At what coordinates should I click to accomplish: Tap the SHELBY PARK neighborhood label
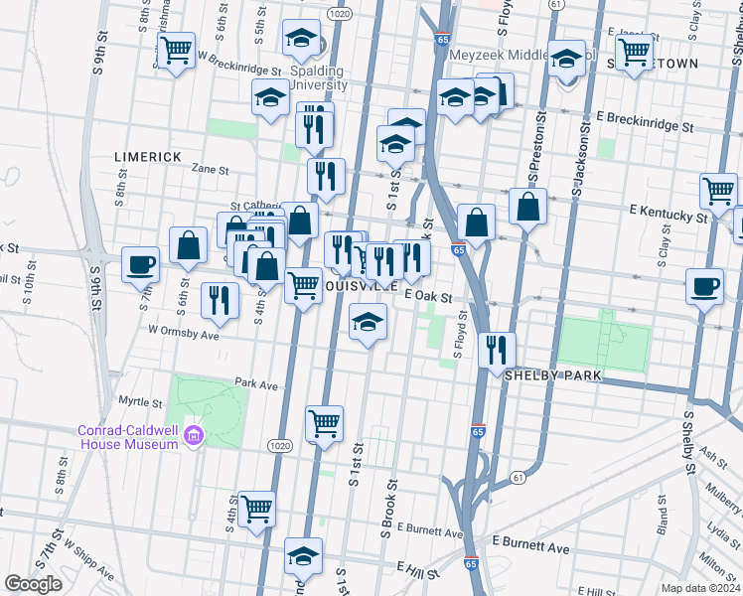552,376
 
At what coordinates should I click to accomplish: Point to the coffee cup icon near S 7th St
140,264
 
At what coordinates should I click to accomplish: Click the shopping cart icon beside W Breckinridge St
176,50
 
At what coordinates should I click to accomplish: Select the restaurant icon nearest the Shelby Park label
496,350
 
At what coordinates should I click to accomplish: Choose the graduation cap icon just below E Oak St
368,323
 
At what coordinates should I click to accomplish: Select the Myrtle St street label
140,402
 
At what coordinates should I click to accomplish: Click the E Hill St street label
417,566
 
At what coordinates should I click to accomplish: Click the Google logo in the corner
33,584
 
